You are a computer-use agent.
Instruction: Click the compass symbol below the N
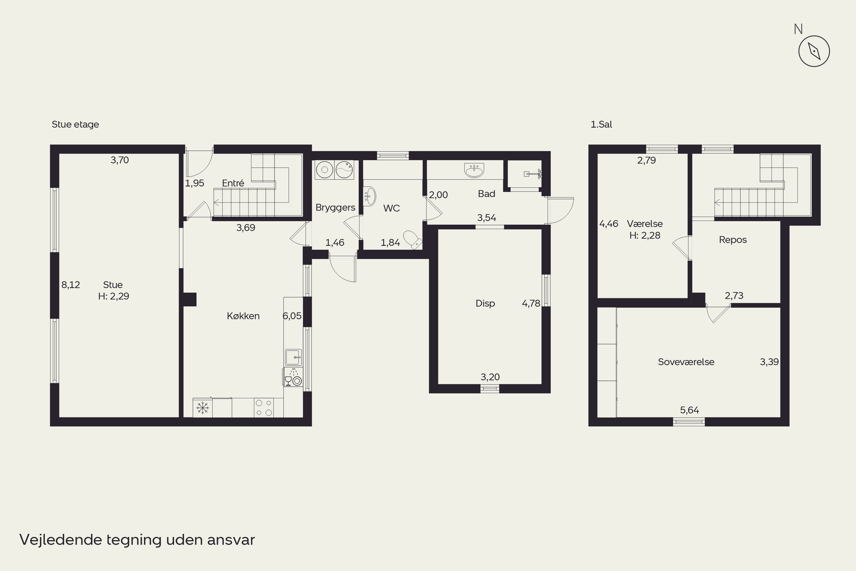(x=814, y=51)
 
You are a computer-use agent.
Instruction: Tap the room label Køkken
(x=243, y=316)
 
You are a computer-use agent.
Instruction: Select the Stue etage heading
(x=75, y=124)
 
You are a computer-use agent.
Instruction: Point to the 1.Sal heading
(x=601, y=124)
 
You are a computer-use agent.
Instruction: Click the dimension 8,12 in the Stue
(x=70, y=285)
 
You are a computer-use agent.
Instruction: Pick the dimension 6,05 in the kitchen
(x=292, y=316)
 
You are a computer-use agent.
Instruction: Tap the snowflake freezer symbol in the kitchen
(x=203, y=408)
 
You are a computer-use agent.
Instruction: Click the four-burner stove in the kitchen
(x=264, y=407)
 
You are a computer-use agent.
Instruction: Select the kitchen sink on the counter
(x=293, y=357)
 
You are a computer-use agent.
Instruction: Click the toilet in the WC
(x=413, y=240)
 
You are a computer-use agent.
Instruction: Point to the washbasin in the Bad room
(x=474, y=170)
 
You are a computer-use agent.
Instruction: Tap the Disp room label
(x=485, y=303)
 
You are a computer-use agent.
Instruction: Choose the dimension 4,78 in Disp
(x=531, y=303)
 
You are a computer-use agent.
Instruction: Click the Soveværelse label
(x=686, y=362)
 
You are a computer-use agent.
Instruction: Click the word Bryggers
(x=335, y=208)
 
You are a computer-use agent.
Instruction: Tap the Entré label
(x=233, y=183)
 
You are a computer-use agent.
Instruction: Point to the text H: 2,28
(x=645, y=236)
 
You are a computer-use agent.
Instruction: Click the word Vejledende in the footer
(x=61, y=540)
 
